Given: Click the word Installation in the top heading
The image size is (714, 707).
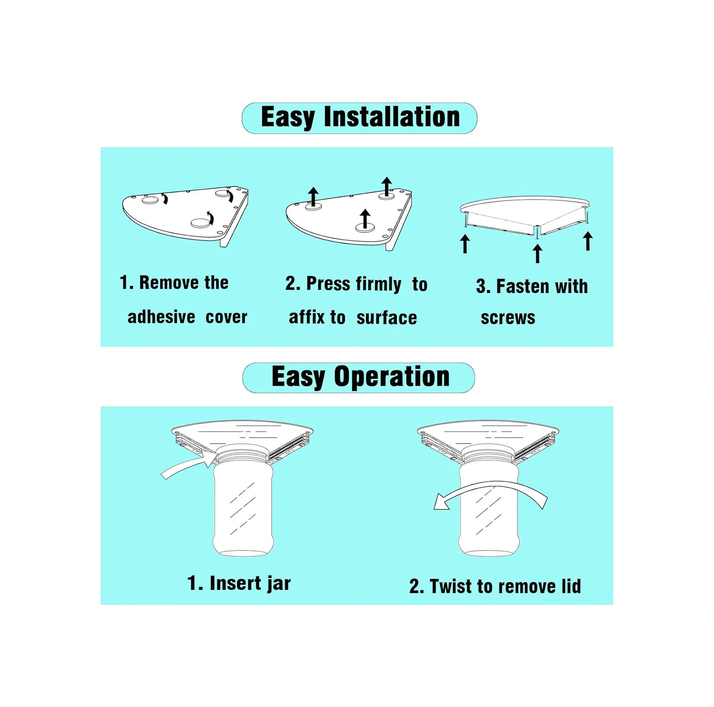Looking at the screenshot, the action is [x=392, y=117].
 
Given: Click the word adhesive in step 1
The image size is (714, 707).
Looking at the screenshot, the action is [x=161, y=317].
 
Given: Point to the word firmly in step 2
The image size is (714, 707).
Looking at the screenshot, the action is [x=379, y=284].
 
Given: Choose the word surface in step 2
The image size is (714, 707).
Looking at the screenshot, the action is [x=386, y=318].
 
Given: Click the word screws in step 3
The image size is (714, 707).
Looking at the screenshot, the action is [x=508, y=318].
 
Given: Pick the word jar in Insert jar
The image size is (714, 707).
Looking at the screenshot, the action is [x=278, y=584].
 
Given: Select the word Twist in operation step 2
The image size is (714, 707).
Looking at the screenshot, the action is [x=451, y=586].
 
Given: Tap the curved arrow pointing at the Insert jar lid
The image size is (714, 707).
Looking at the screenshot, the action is [x=189, y=467].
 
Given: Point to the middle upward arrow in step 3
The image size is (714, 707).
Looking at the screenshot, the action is [x=537, y=253].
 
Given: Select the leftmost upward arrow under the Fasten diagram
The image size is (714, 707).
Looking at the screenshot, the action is [x=465, y=244].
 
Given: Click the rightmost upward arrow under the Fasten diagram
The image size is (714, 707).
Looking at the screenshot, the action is [x=588, y=241].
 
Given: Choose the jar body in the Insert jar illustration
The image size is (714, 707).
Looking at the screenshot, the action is [x=243, y=509].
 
